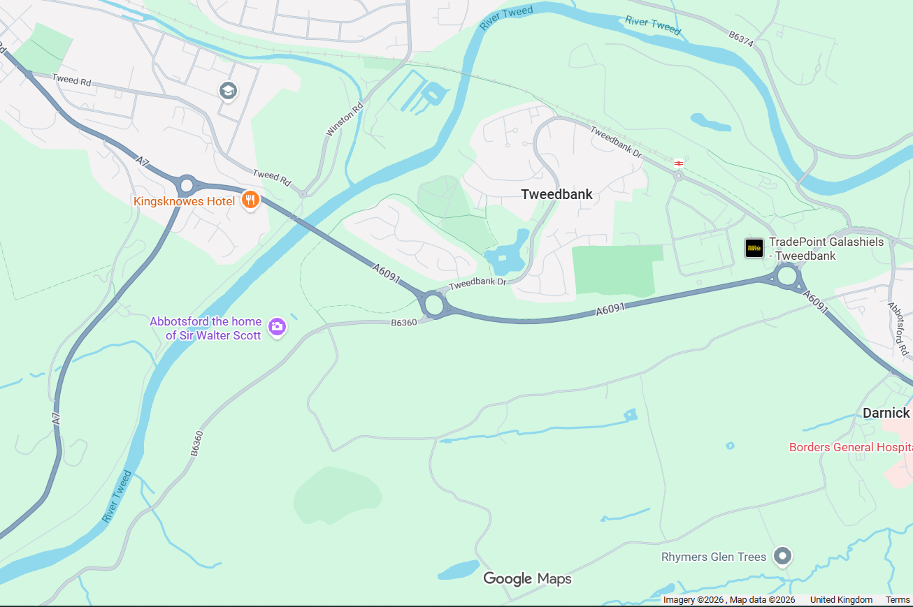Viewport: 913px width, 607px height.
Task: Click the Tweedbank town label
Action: [x=556, y=194]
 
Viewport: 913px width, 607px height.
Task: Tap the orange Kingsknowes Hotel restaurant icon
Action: [x=250, y=201]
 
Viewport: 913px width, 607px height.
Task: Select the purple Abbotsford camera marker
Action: [x=278, y=326]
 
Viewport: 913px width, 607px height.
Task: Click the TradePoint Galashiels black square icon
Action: [x=754, y=248]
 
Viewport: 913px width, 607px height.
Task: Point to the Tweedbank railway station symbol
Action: [x=678, y=163]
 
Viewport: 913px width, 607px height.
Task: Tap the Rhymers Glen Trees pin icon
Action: [x=783, y=556]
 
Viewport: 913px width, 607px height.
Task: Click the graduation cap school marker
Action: [x=228, y=91]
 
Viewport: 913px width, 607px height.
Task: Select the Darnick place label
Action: [x=886, y=413]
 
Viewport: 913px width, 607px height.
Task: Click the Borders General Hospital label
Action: [x=850, y=447]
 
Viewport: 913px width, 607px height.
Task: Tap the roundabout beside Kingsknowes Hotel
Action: [x=186, y=186]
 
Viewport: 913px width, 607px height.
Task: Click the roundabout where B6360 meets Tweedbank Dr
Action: [x=433, y=305]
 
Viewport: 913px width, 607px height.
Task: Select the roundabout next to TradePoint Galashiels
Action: [x=788, y=276]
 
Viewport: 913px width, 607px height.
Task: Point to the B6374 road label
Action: [x=741, y=38]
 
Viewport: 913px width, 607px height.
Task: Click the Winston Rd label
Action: [x=345, y=119]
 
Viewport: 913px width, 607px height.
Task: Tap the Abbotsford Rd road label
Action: [x=897, y=325]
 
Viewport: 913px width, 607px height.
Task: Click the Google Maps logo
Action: [x=527, y=578]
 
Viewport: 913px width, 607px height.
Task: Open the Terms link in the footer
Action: [x=898, y=600]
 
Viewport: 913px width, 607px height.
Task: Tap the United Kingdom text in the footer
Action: [x=841, y=600]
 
